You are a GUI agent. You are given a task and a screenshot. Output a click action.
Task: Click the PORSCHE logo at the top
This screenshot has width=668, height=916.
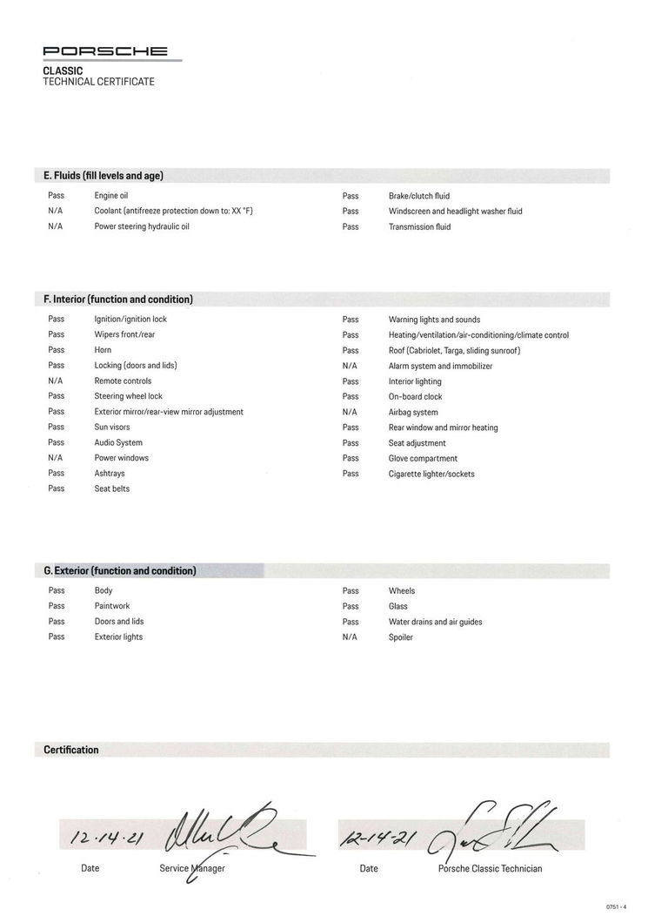pyautogui.click(x=105, y=52)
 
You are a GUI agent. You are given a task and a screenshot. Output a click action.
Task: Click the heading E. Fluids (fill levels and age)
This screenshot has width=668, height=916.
pyautogui.click(x=104, y=176)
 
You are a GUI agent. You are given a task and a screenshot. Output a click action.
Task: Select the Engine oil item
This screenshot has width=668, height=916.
pyautogui.click(x=111, y=196)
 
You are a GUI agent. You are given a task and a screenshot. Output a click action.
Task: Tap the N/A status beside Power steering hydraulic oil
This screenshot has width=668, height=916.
pyautogui.click(x=56, y=226)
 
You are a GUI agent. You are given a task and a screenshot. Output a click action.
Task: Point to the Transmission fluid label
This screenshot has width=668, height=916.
pyautogui.click(x=419, y=227)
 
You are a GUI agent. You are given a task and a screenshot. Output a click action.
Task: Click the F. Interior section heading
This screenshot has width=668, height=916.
pyautogui.click(x=118, y=300)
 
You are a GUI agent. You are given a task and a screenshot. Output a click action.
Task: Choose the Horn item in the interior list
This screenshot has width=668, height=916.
pyautogui.click(x=103, y=350)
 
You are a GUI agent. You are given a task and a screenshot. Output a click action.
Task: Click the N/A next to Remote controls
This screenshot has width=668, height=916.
pyautogui.click(x=56, y=381)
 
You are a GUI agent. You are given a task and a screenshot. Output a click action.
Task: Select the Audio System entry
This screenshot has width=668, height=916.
pyautogui.click(x=118, y=442)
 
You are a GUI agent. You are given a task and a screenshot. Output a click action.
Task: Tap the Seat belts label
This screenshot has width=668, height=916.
pyautogui.click(x=112, y=489)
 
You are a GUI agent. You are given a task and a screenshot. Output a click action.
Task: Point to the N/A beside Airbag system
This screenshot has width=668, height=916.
pyautogui.click(x=350, y=412)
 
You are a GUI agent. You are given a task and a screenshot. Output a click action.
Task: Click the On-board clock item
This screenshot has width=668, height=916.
pyautogui.click(x=415, y=397)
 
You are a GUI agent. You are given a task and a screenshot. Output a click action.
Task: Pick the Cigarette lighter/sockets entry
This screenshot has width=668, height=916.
pyautogui.click(x=431, y=475)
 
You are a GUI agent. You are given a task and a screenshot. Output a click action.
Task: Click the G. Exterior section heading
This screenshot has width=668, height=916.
pyautogui.click(x=120, y=571)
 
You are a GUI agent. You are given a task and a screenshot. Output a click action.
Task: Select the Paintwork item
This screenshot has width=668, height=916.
pyautogui.click(x=112, y=606)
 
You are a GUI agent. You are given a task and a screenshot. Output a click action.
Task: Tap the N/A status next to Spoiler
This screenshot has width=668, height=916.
pyautogui.click(x=350, y=637)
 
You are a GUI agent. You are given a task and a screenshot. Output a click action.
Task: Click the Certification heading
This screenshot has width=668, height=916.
pyautogui.click(x=71, y=750)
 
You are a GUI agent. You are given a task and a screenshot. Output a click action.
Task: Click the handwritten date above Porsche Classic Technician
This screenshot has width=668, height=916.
pyautogui.click(x=377, y=838)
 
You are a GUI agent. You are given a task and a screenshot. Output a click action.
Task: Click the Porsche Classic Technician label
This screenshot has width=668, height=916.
pyautogui.click(x=490, y=868)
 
